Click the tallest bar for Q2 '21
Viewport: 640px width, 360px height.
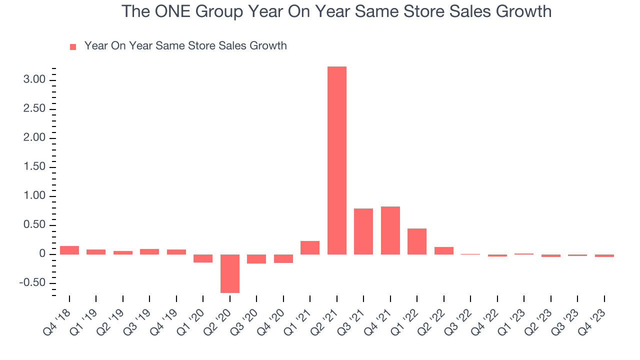pyautogui.click(x=336, y=160)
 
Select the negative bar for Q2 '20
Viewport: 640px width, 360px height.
pyautogui.click(x=230, y=273)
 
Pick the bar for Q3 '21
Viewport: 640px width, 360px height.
pyautogui.click(x=363, y=231)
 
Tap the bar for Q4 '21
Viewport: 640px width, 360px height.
pyautogui.click(x=390, y=230)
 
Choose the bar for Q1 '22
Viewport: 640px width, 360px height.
pyautogui.click(x=417, y=241)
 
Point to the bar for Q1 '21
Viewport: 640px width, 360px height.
pyautogui.click(x=310, y=247)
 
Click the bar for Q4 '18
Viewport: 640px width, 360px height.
pyautogui.click(x=69, y=250)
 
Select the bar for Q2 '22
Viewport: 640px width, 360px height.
pyautogui.click(x=443, y=250)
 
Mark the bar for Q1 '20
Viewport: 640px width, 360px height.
pyautogui.click(x=203, y=258)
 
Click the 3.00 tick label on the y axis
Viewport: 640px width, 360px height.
pyautogui.click(x=34, y=80)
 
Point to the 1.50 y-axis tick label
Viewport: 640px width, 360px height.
pyautogui.click(x=34, y=167)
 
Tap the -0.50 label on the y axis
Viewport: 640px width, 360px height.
pyautogui.click(x=32, y=283)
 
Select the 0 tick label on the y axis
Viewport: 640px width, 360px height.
pyautogui.click(x=42, y=254)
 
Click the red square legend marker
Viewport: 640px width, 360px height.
pyautogui.click(x=73, y=46)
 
